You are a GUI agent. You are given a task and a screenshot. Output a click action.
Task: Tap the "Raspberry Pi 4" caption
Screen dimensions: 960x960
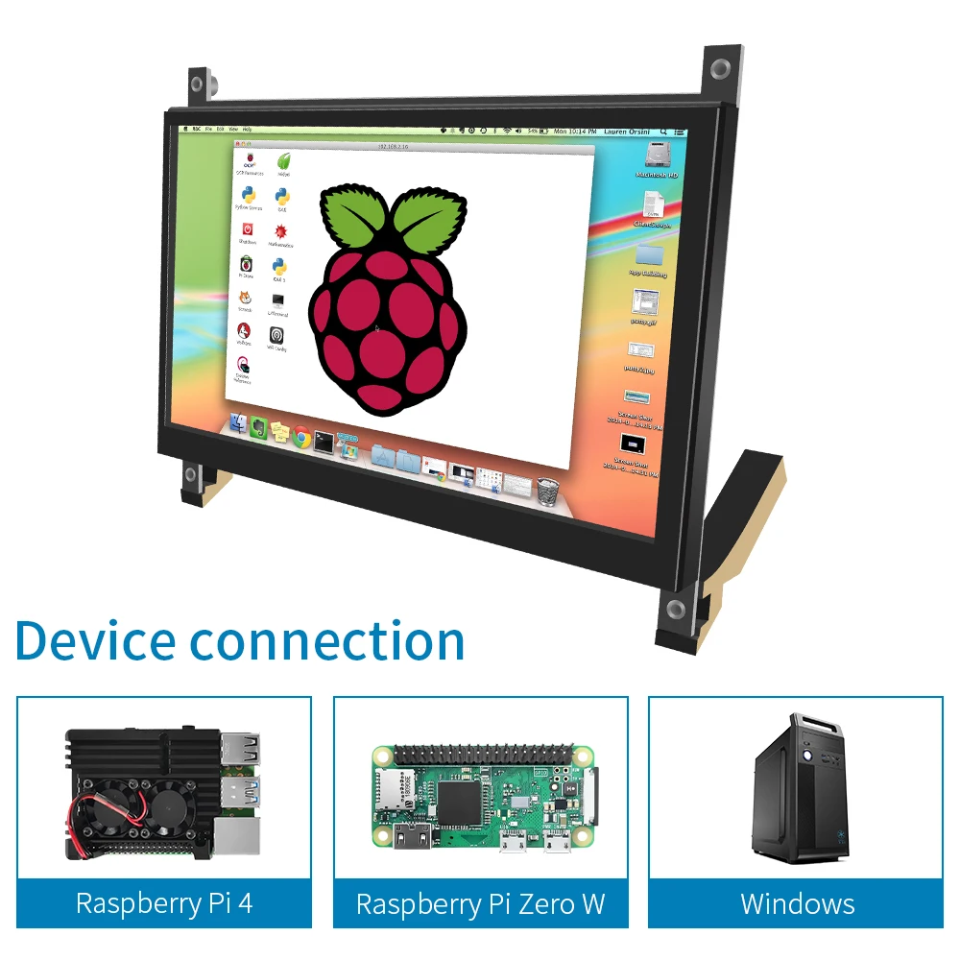164,903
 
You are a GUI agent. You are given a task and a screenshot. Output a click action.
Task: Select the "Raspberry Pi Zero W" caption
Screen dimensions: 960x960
480,903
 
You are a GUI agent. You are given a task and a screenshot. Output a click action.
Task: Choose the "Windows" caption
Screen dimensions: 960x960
797,903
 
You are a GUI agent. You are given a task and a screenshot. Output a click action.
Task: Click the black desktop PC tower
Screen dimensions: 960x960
802,790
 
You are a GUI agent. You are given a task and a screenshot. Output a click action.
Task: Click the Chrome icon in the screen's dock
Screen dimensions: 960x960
301,437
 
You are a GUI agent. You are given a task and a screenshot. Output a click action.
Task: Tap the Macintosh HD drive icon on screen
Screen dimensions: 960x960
659,157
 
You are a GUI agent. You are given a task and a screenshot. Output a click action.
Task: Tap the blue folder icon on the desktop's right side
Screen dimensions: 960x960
650,254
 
